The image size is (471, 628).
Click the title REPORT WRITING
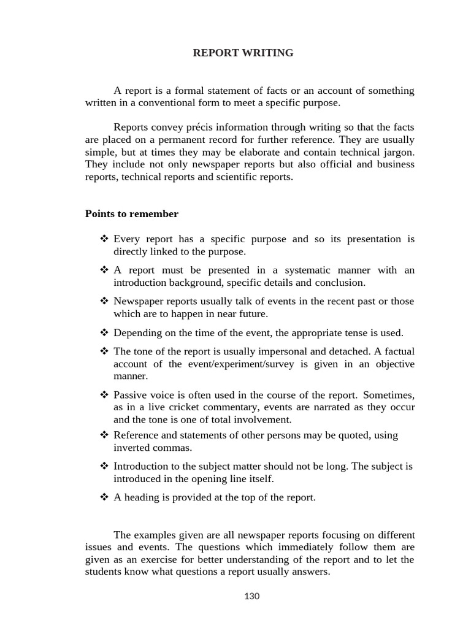coord(243,53)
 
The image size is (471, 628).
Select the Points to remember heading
coord(131,214)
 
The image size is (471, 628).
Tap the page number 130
coord(251,596)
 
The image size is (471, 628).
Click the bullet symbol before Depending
coord(104,333)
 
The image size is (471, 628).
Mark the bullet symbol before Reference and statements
coord(104,435)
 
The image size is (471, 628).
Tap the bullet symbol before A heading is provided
coord(104,497)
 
